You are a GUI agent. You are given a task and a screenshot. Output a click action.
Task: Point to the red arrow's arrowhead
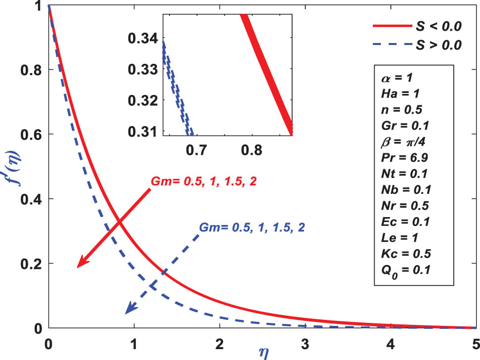81,265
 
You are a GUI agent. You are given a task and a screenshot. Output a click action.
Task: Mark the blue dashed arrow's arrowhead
129,311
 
